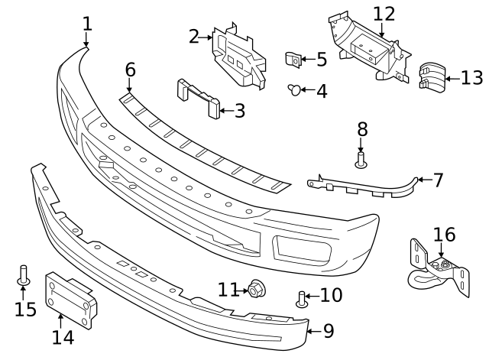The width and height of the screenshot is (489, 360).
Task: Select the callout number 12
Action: pos(384,14)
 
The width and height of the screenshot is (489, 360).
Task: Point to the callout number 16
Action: pos(444,234)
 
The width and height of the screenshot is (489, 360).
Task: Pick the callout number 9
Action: pos(329,330)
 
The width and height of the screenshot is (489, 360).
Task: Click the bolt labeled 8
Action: pos(361,158)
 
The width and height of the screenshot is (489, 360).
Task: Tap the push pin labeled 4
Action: pos(293,90)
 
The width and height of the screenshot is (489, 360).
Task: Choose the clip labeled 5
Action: pos(293,58)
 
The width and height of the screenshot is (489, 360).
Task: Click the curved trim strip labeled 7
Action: pos(367,187)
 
